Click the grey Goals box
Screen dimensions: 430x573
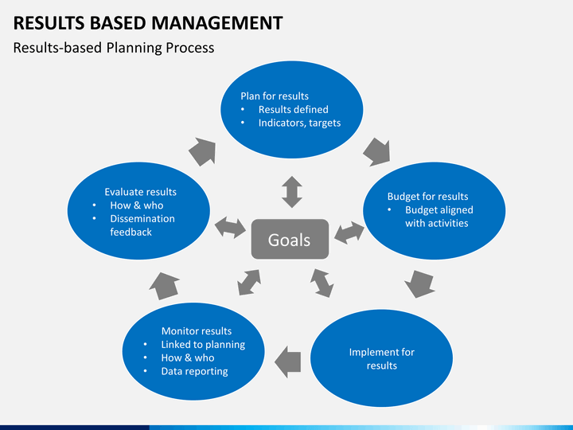[289, 239]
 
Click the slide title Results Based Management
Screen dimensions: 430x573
[149, 22]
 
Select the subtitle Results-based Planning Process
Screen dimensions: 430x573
[114, 48]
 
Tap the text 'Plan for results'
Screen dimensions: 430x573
[275, 96]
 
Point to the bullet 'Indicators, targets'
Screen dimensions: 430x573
[299, 123]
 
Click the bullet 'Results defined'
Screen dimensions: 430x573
[293, 109]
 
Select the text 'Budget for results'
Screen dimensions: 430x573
[427, 197]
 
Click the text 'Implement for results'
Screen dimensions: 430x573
[382, 359]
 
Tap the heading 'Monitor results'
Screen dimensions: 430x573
[197, 331]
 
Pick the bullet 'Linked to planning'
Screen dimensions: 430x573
[203, 345]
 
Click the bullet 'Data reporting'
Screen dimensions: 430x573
[194, 371]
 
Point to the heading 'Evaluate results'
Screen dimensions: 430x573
[141, 192]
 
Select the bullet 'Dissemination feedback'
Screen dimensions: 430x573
[142, 225]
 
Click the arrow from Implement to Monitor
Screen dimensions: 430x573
[288, 362]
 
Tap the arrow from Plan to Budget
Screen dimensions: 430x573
[376, 151]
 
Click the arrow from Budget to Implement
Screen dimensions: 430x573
[419, 283]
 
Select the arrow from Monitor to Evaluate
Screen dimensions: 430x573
[165, 285]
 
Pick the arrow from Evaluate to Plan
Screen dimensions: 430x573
[202, 150]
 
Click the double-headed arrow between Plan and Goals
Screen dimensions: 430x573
[292, 192]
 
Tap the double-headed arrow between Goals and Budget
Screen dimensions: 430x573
[349, 233]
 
